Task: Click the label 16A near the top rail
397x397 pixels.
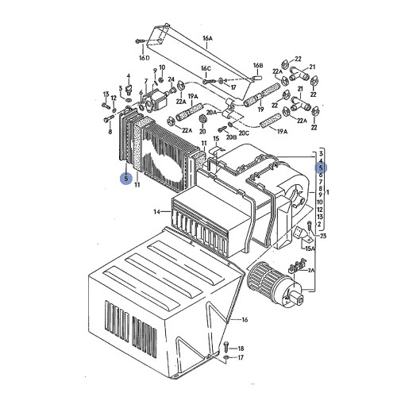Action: [x=208, y=37]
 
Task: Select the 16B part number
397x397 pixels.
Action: [x=258, y=65]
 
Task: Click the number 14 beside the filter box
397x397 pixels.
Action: [x=157, y=211]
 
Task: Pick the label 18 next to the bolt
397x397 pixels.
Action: [x=241, y=349]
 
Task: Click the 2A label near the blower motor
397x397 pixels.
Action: [x=311, y=270]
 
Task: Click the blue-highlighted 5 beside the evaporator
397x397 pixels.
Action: [x=125, y=179]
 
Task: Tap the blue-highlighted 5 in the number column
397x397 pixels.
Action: [x=321, y=168]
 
